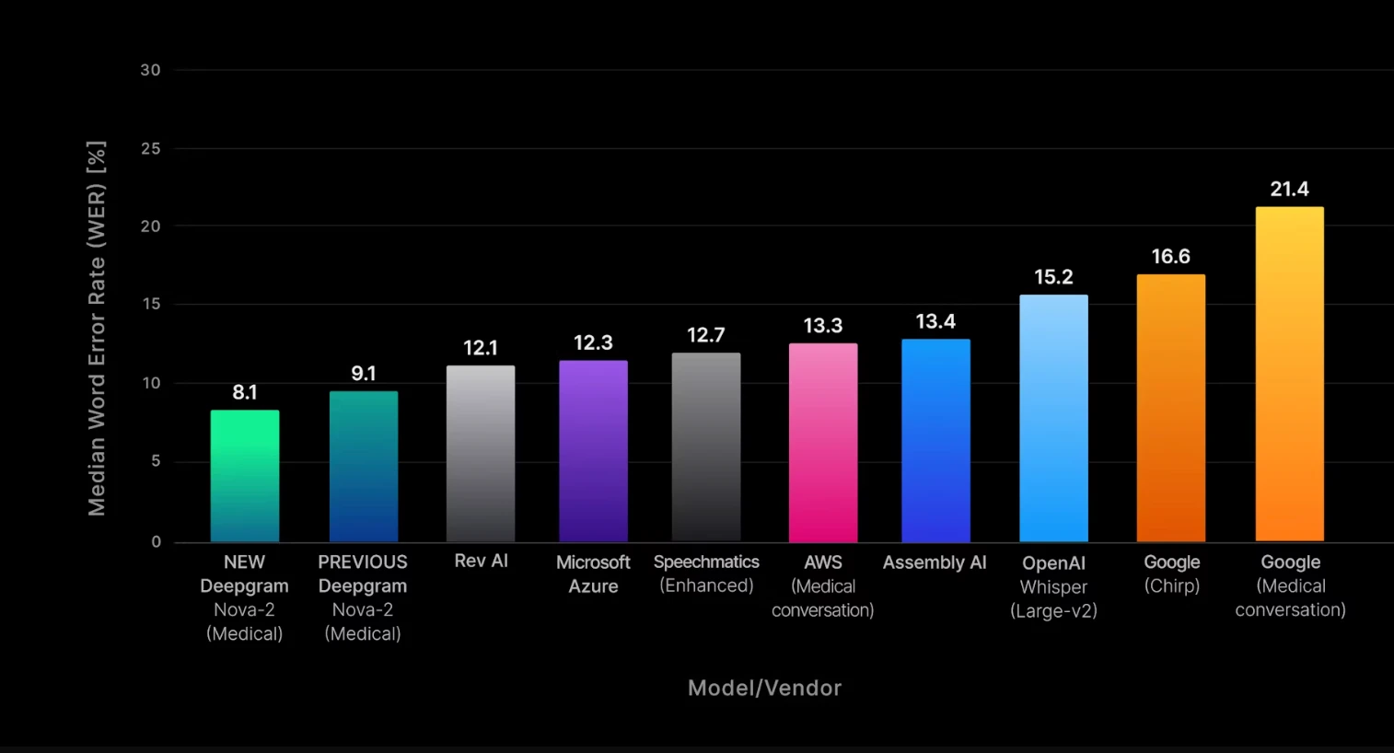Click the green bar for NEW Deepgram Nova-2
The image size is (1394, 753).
point(244,476)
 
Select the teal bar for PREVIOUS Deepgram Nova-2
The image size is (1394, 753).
point(364,467)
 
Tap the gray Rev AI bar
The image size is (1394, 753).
point(481,454)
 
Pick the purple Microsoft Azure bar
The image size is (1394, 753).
point(593,451)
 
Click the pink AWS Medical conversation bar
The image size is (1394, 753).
point(823,443)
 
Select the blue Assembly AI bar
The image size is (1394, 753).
point(935,441)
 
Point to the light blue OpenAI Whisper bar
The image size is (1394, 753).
point(1053,419)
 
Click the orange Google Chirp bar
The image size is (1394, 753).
point(1170,408)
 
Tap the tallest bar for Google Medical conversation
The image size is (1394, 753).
point(1289,374)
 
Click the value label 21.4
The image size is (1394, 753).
point(1289,190)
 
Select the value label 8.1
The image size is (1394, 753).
point(245,393)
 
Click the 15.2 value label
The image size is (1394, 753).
point(1053,277)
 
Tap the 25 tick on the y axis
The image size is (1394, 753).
point(150,148)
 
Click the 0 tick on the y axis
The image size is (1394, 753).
point(156,542)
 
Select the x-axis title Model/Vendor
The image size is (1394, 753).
point(764,689)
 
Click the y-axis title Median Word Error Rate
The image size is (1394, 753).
point(97,329)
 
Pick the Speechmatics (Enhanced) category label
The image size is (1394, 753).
point(706,573)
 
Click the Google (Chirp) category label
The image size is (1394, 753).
point(1171,573)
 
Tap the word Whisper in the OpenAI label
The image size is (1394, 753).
point(1053,587)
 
